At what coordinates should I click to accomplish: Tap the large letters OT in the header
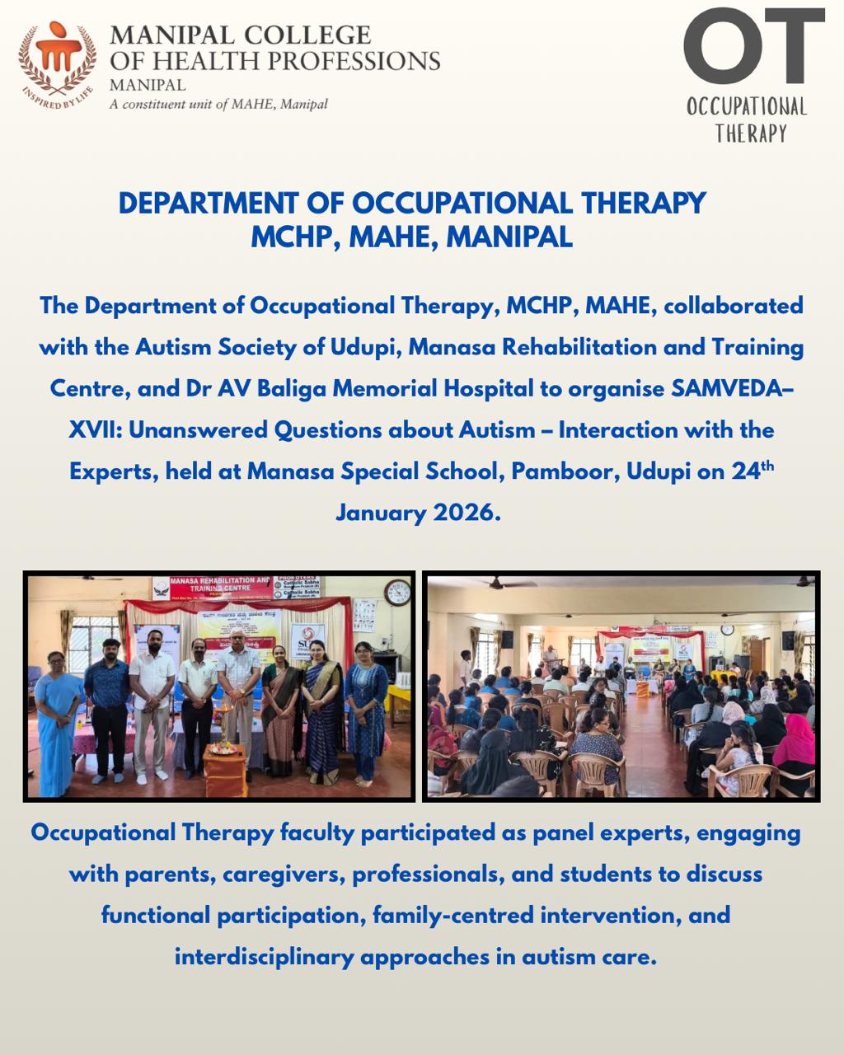point(753,47)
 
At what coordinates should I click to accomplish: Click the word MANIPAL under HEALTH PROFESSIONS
point(148,85)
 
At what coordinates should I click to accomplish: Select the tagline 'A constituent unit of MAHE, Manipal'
point(218,105)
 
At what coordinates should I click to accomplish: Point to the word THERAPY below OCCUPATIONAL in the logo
point(751,134)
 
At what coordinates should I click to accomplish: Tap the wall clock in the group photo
point(397,592)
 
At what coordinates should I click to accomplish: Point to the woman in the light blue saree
point(58,717)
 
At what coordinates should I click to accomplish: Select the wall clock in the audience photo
point(727,629)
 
